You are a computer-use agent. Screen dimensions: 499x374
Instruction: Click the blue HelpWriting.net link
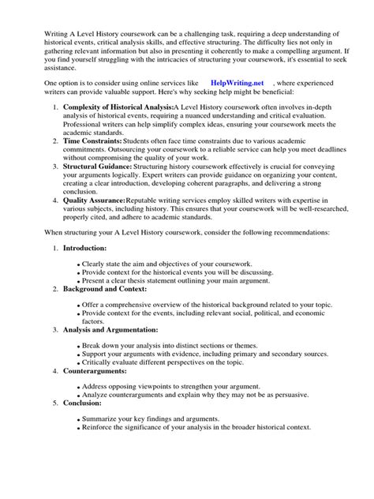pyautogui.click(x=241, y=82)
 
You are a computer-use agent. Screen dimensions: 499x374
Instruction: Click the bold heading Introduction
pyautogui.click(x=88, y=249)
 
